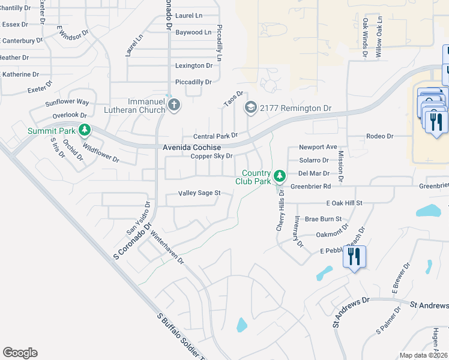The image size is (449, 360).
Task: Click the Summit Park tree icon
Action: click(85, 130)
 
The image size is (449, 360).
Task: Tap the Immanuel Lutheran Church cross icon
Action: click(174, 106)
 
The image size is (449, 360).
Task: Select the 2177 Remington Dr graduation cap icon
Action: click(250, 108)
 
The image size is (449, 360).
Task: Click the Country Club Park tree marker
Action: click(279, 176)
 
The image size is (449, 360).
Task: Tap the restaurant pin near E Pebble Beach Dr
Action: click(354, 257)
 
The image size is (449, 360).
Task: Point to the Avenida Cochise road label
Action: click(191, 148)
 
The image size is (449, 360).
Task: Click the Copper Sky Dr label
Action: click(211, 157)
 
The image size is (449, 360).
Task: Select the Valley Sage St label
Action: click(199, 193)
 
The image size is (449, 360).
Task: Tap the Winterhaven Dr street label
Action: click(167, 248)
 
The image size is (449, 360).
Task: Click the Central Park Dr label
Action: click(215, 136)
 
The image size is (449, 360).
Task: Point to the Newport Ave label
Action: click(318, 147)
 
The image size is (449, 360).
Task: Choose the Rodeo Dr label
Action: click(379, 136)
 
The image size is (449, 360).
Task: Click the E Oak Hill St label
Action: click(345, 203)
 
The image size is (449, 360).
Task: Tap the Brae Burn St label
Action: click(323, 219)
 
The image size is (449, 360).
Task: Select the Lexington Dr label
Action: click(194, 65)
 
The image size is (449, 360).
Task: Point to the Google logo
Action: click(20, 353)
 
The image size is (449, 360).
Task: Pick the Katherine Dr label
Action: click(20, 74)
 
